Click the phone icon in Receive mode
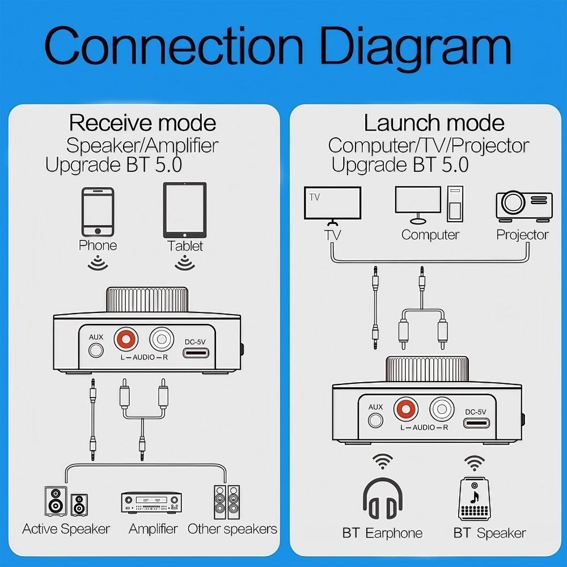(x=98, y=212)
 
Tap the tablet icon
(x=185, y=210)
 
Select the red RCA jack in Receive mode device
(x=126, y=340)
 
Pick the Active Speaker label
(x=66, y=530)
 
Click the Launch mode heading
(x=434, y=123)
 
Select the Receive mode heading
(x=142, y=123)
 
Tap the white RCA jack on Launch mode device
(x=441, y=408)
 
